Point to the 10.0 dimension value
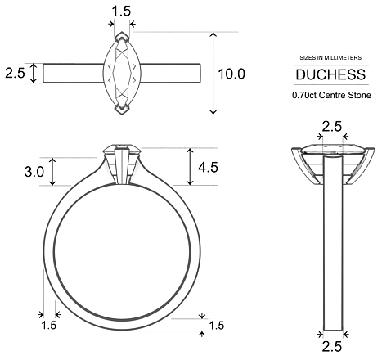tap(231, 74)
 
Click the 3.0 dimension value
tap(34, 172)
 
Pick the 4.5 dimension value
tap(209, 167)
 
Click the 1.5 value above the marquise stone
tap(121, 11)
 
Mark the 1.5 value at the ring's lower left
tap(48, 326)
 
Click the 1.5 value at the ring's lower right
tap(216, 326)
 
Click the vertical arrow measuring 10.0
tap(213, 74)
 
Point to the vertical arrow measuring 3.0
tap(53, 171)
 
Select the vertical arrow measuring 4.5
tap(190, 167)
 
